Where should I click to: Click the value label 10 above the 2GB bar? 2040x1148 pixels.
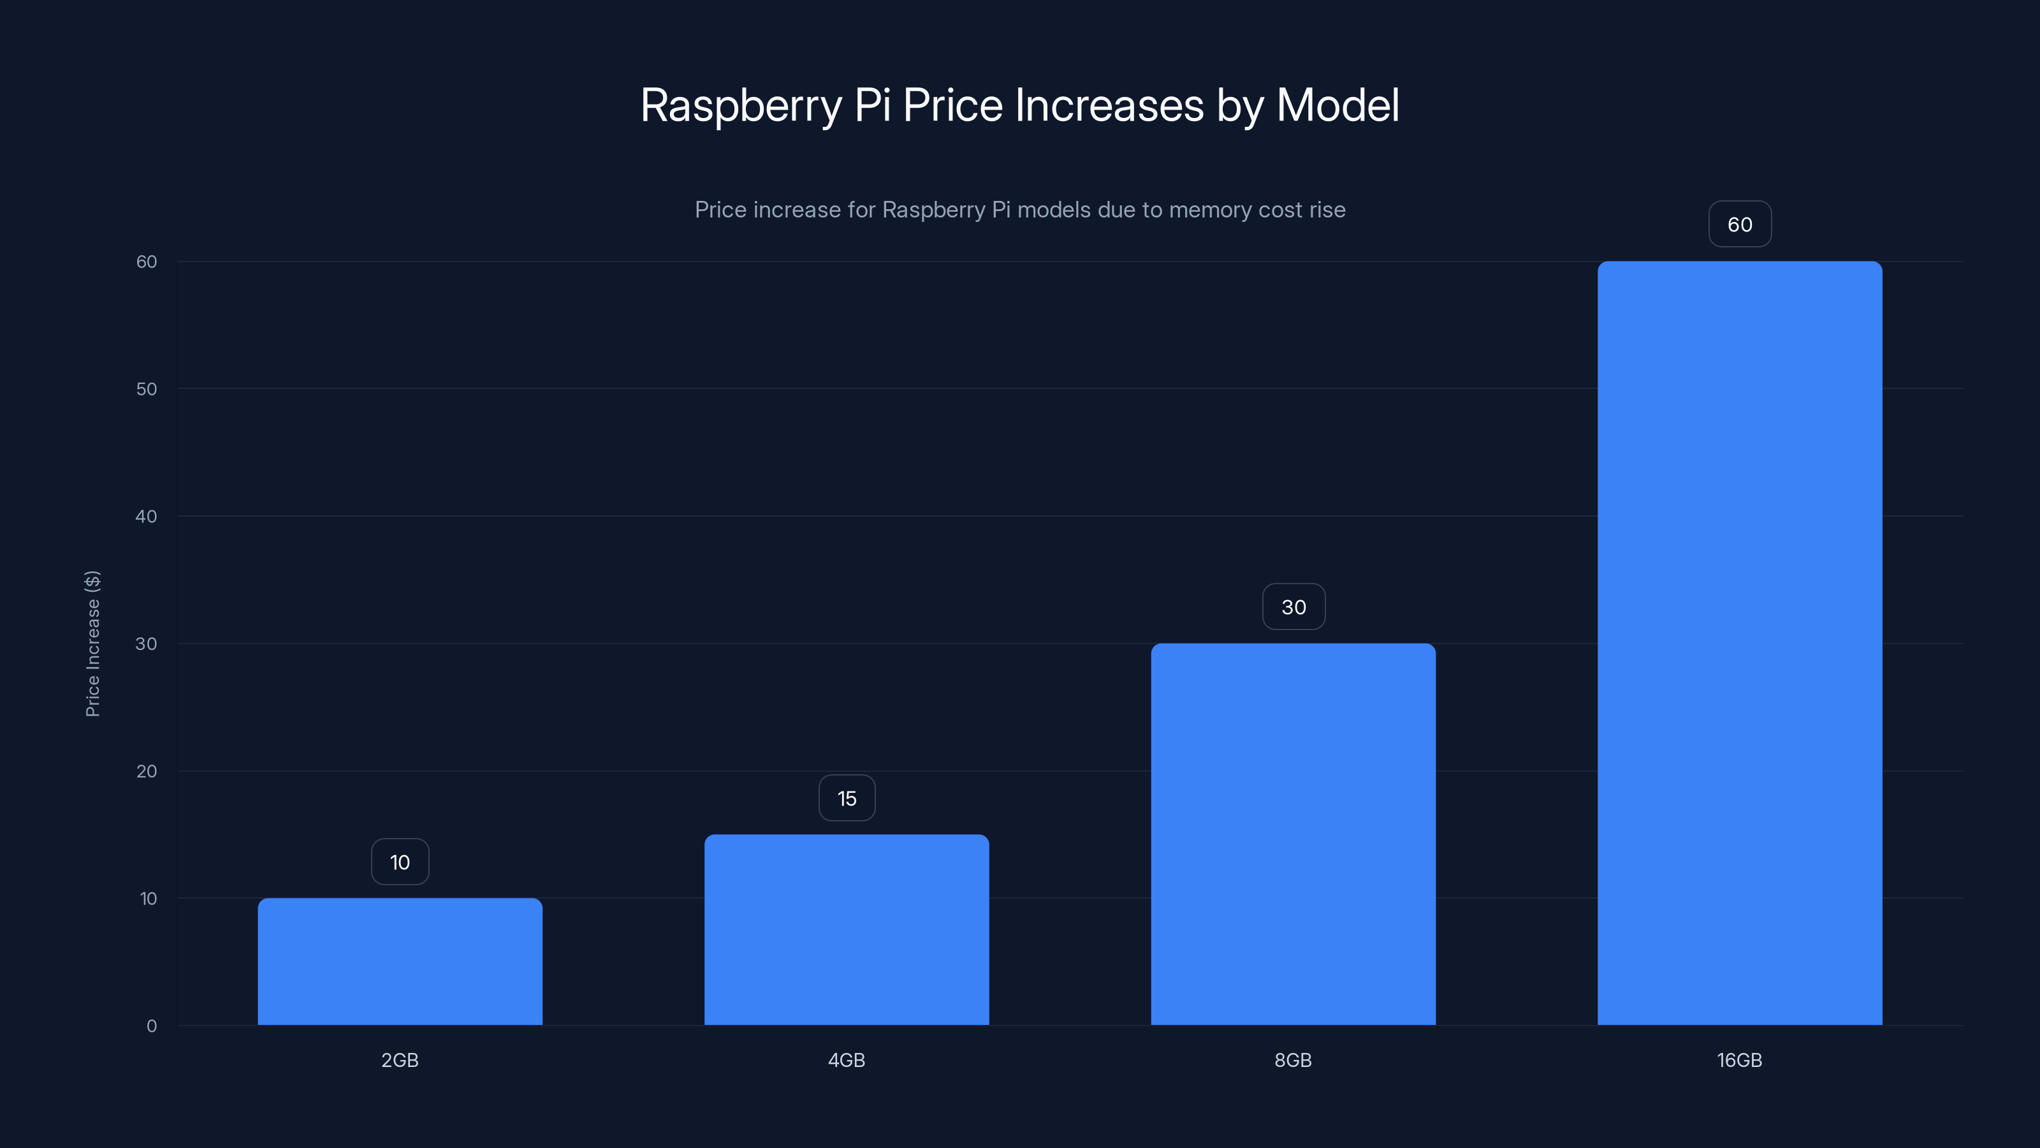[x=400, y=862]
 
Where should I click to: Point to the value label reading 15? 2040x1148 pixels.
[x=847, y=798]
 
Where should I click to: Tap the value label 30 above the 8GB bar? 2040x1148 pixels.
[x=1293, y=607]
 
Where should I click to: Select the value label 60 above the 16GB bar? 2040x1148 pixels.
[x=1740, y=224]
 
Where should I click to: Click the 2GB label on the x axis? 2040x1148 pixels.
[x=400, y=1060]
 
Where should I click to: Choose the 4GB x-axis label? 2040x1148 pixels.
[x=847, y=1060]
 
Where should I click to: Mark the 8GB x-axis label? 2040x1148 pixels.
[x=1293, y=1060]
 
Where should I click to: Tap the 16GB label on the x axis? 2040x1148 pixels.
[x=1739, y=1060]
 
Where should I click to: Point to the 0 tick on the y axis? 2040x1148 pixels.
[x=151, y=1026]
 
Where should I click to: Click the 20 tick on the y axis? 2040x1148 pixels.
[x=147, y=771]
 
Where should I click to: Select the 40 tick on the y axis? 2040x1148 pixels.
[x=147, y=517]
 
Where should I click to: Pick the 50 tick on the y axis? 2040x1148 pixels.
[x=147, y=389]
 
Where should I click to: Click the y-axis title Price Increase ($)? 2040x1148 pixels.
[x=92, y=644]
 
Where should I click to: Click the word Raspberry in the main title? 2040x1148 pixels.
[x=740, y=105]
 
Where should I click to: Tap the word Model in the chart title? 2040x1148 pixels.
[x=1337, y=105]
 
